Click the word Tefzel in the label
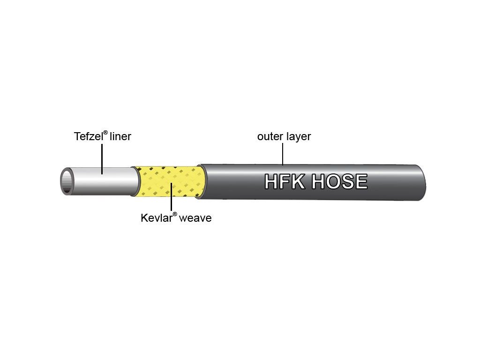(88, 136)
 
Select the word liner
(120, 136)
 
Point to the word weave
(195, 218)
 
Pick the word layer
(298, 136)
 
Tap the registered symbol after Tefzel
(105, 133)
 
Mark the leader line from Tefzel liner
(102, 159)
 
